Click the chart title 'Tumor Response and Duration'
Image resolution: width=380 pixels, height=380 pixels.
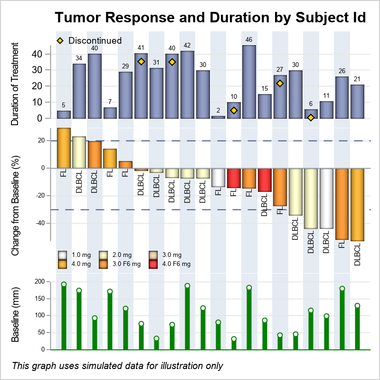coord(210,18)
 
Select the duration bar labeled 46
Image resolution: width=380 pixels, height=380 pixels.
coord(249,82)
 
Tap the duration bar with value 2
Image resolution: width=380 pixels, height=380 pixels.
coord(218,117)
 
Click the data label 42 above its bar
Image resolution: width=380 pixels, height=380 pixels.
coord(187,46)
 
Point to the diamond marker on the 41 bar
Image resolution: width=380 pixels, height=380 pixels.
coord(141,61)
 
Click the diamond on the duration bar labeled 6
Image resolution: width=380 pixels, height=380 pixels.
coord(311,117)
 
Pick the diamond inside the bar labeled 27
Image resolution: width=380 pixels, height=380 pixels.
coord(280,84)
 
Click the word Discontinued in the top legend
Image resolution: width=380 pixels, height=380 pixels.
coord(95,40)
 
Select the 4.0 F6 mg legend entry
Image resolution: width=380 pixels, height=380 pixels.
coord(176,264)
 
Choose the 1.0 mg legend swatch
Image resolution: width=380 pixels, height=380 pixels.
coord(62,255)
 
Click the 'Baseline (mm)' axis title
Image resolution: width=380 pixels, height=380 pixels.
coord(15,314)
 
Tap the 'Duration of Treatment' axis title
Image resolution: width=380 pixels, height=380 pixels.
coord(15,84)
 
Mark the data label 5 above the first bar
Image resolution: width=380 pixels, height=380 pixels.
coord(64,105)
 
